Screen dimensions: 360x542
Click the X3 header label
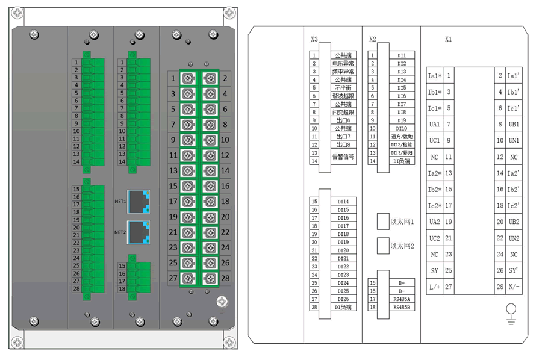click(x=314, y=40)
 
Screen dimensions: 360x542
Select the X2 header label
click(x=373, y=40)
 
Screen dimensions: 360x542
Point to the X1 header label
click(x=448, y=40)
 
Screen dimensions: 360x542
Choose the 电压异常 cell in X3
click(x=343, y=63)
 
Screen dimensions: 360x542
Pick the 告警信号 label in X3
click(x=343, y=157)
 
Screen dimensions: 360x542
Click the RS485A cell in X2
click(x=402, y=299)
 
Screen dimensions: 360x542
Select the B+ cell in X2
click(x=402, y=282)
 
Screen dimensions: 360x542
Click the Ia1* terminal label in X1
click(x=435, y=76)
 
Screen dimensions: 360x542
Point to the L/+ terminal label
click(x=435, y=287)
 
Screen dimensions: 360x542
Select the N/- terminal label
click(x=514, y=287)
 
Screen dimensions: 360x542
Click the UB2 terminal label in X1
click(x=514, y=222)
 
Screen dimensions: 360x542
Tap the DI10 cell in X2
click(x=402, y=128)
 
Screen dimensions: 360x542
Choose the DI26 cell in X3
click(x=343, y=299)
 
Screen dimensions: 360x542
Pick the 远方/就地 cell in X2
click(x=402, y=137)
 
